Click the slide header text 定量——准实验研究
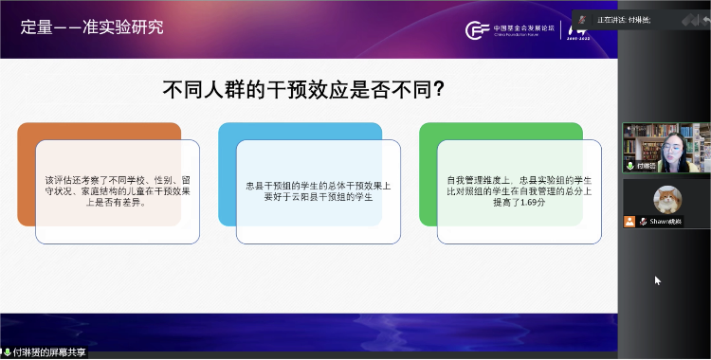(x=92, y=27)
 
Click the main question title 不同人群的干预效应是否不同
(x=304, y=90)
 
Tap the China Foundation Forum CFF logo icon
(x=477, y=28)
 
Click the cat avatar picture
(x=667, y=199)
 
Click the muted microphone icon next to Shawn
(x=642, y=221)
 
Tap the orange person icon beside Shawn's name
(x=629, y=221)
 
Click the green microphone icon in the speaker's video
(x=629, y=165)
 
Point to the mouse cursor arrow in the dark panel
(x=658, y=279)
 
